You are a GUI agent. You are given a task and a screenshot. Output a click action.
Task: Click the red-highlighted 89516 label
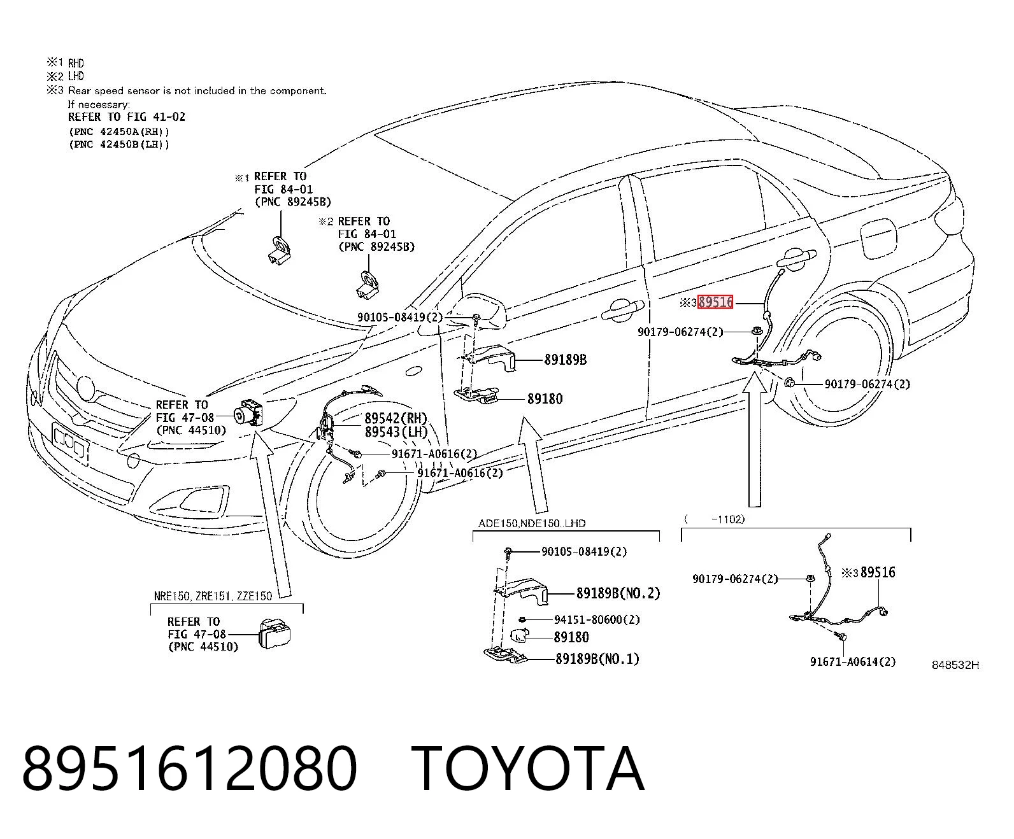[715, 302]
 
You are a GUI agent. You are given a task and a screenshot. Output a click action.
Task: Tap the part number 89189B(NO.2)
[618, 593]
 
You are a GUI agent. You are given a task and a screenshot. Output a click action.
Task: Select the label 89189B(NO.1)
[597, 658]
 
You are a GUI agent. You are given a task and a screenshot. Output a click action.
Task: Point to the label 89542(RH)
[396, 418]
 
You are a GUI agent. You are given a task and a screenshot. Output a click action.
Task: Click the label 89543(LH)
[396, 432]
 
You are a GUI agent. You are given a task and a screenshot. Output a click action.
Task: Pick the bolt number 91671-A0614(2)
[853, 661]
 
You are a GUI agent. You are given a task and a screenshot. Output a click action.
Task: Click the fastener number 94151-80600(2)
[597, 619]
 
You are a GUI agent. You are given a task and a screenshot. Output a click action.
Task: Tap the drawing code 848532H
[955, 665]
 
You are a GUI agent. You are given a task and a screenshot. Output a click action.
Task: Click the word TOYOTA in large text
[528, 770]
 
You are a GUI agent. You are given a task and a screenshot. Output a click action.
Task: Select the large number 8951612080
[189, 770]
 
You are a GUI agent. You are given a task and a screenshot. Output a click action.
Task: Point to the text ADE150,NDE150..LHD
[532, 523]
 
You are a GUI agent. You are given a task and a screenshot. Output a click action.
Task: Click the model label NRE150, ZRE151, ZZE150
[213, 596]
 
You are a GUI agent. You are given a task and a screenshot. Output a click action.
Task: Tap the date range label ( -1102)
[715, 519]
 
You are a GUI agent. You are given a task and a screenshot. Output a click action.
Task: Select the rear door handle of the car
[796, 259]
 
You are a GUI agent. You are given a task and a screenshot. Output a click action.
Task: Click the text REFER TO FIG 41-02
[126, 116]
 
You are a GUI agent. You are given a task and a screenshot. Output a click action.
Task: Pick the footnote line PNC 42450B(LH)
[119, 145]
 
